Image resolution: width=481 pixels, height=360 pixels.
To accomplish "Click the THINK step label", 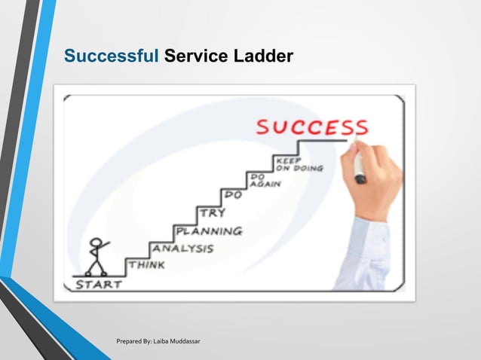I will (x=147, y=265).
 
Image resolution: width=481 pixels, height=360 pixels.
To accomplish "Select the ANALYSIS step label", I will (x=182, y=248).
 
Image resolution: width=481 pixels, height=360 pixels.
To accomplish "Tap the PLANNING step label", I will (x=209, y=230).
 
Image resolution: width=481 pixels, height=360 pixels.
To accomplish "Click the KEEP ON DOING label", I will (x=299, y=164).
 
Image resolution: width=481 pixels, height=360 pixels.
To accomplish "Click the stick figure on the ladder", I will (x=96, y=256).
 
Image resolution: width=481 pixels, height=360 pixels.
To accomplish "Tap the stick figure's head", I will (x=95, y=243).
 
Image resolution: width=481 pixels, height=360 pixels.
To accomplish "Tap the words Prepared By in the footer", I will (x=136, y=343).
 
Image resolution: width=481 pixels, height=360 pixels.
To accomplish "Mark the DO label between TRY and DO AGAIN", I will (x=234, y=196).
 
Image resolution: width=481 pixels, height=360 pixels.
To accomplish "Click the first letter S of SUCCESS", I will (x=262, y=127).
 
